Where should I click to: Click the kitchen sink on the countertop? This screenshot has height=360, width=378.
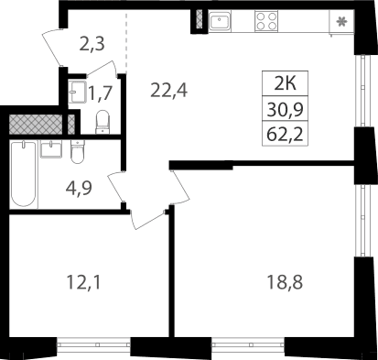click(x=220, y=20)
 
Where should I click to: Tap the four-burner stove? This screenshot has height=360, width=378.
click(x=266, y=21)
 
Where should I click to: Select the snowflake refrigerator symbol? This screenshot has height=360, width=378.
click(x=341, y=22)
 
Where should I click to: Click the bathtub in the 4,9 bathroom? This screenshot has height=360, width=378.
click(x=24, y=174)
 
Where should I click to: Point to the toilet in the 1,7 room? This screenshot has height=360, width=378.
click(x=103, y=122)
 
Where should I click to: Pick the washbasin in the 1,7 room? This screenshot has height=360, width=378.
click(x=77, y=92)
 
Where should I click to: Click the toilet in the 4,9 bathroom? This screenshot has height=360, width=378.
click(x=77, y=152)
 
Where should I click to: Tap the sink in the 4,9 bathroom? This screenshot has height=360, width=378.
click(x=51, y=149)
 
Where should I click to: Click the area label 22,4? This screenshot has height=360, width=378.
click(x=168, y=91)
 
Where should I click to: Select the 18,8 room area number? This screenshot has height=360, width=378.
click(x=285, y=282)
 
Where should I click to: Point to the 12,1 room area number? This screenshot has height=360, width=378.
click(x=83, y=282)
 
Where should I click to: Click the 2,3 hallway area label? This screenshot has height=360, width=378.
click(x=92, y=44)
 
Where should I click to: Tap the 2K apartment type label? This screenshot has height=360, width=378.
click(x=286, y=83)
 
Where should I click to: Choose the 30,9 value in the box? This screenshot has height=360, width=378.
click(x=286, y=110)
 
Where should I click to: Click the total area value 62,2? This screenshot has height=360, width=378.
click(x=286, y=135)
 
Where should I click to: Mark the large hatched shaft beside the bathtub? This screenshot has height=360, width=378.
click(x=36, y=125)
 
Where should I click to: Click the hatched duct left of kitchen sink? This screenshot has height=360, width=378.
click(x=200, y=19)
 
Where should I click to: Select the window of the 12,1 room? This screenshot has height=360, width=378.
click(x=94, y=345)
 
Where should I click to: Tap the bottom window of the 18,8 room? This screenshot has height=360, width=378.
click(x=248, y=345)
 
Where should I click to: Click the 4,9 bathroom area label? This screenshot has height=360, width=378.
click(x=79, y=189)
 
